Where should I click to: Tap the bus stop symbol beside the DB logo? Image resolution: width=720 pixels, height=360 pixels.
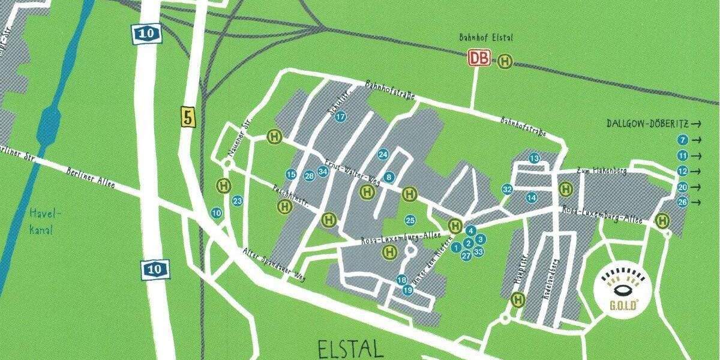tap(506, 61)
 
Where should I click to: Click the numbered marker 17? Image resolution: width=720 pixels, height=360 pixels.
tap(340, 116)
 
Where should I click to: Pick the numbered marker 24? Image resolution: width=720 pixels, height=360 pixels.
tap(383, 155)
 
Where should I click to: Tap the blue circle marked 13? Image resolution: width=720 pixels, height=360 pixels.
tap(534, 158)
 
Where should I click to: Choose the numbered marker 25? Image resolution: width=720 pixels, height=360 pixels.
tap(410, 220)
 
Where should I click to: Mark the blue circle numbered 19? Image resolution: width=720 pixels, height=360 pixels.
tap(408, 290)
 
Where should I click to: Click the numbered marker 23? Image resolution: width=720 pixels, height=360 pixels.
tap(237, 201)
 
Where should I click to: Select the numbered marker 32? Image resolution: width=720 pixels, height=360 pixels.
tap(507, 189)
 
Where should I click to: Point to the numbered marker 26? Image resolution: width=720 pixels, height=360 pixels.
tap(682, 202)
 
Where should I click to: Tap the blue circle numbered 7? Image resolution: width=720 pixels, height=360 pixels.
tap(682, 140)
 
